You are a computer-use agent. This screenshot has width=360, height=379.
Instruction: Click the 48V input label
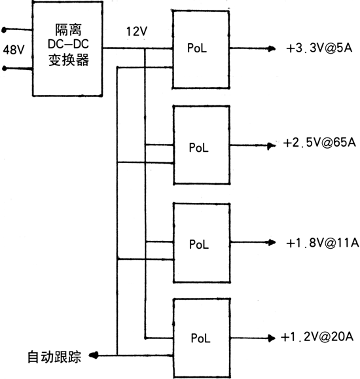pos(14,50)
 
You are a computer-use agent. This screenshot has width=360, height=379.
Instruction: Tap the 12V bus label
pos(137,31)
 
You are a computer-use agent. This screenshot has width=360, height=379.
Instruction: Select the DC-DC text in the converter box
pos(69,44)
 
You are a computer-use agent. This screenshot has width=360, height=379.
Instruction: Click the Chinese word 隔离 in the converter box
pos(69,29)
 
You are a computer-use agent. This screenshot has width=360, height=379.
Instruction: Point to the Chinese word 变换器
pos(69,60)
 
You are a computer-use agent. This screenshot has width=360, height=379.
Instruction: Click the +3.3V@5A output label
pos(319,48)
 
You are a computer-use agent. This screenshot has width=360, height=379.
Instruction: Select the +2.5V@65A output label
pos(319,143)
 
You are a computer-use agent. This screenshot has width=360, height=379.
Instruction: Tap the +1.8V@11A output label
pos(322,242)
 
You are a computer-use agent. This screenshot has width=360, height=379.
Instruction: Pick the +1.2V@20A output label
pos(317,336)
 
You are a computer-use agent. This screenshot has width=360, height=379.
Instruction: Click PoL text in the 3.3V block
pos(197,48)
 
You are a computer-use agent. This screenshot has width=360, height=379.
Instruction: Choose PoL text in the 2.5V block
pos(198,147)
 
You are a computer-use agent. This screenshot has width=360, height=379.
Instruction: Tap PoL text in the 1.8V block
pos(199,244)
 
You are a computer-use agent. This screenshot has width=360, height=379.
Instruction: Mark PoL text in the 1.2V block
pos(200,338)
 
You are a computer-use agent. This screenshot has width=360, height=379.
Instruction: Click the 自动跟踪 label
pos(54,357)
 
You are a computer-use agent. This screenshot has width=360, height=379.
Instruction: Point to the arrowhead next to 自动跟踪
pos(94,355)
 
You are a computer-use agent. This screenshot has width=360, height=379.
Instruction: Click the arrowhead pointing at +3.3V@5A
pos(272,48)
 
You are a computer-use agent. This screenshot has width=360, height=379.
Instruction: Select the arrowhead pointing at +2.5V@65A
pos(271,146)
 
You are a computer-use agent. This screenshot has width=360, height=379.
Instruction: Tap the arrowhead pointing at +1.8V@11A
pos(272,242)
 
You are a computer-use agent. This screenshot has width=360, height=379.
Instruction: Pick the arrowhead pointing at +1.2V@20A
pos(272,338)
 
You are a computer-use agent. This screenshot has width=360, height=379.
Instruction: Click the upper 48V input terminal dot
pos(4,30)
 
